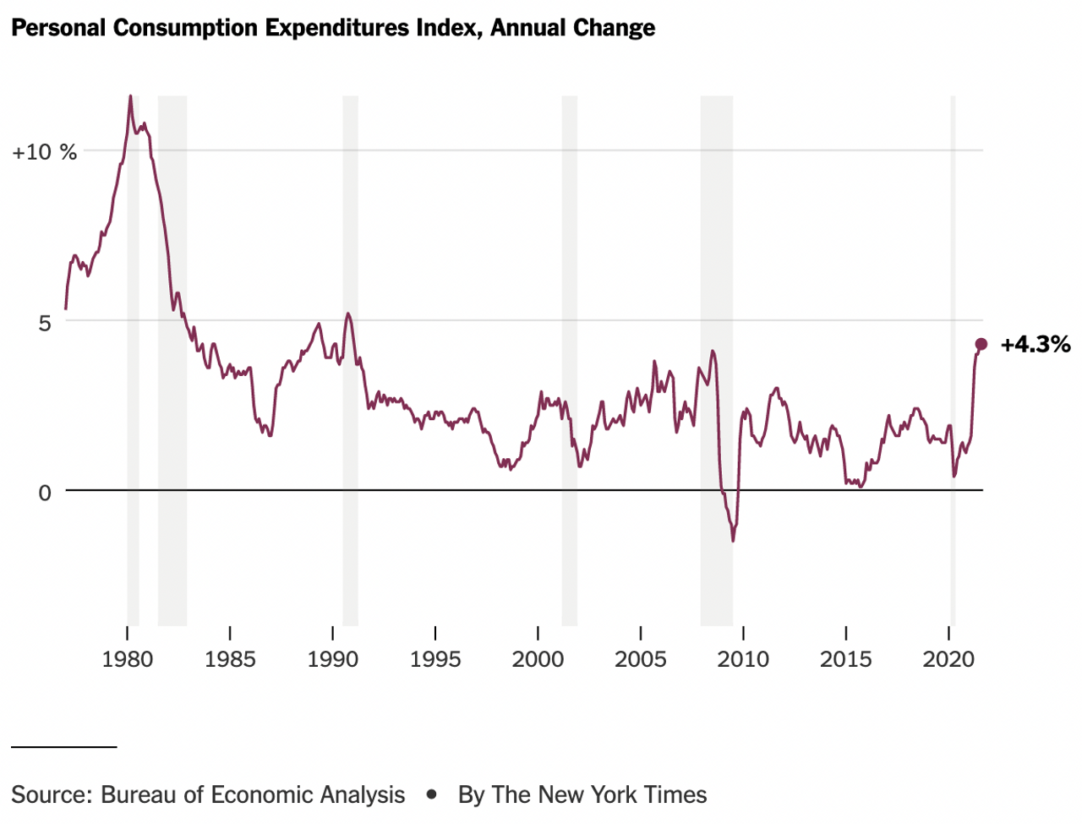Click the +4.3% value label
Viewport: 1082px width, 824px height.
(x=1036, y=345)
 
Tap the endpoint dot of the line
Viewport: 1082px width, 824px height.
(x=981, y=344)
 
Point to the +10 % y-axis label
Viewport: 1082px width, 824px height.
(x=44, y=152)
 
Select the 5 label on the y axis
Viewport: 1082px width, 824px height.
(x=44, y=323)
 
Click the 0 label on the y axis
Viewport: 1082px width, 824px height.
(x=45, y=493)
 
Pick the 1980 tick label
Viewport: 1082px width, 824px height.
(x=128, y=659)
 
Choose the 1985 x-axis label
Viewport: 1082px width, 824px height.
(x=230, y=659)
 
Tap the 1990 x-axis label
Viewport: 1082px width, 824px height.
(x=333, y=659)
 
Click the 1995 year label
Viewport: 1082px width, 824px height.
(x=435, y=659)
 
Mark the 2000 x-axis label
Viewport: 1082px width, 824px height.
(x=538, y=659)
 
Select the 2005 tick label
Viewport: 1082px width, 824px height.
(x=641, y=659)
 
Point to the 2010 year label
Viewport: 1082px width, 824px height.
(x=743, y=659)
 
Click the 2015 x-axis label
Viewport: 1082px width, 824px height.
(x=846, y=659)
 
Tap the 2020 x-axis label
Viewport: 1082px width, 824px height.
(x=948, y=659)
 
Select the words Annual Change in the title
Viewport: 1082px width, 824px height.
(x=572, y=28)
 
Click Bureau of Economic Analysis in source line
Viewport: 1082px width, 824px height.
(x=253, y=794)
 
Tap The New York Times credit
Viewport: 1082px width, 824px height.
(x=599, y=794)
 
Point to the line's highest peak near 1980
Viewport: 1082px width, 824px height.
(x=130, y=96)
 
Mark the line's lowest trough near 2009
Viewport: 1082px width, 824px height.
(x=733, y=540)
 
